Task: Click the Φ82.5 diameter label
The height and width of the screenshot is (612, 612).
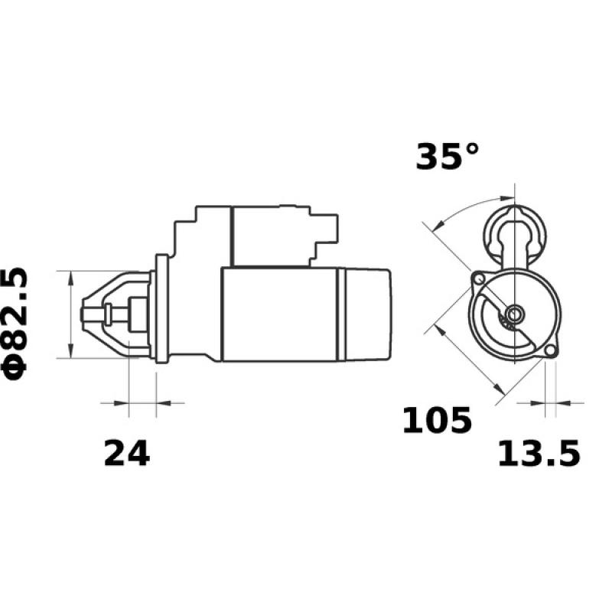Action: [17, 322]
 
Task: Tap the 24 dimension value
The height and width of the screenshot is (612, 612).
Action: [126, 454]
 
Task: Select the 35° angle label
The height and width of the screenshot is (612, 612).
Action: [448, 157]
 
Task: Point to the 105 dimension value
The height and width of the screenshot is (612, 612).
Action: [437, 421]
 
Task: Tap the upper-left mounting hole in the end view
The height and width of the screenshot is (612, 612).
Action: [478, 278]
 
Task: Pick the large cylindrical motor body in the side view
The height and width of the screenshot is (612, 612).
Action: [279, 314]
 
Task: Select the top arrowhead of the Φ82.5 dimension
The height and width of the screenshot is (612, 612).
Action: [70, 277]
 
